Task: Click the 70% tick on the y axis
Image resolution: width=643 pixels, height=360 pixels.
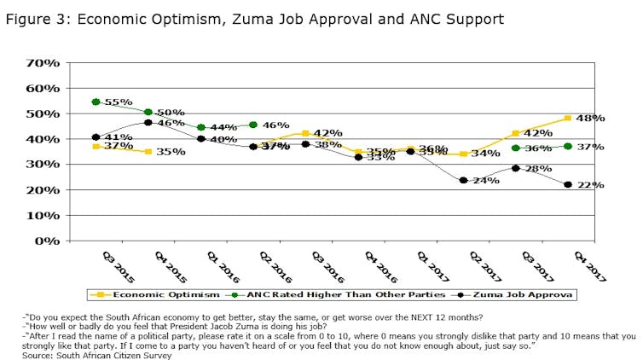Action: pyautogui.click(x=43, y=62)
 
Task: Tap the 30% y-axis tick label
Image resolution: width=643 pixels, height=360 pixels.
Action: pyautogui.click(x=43, y=164)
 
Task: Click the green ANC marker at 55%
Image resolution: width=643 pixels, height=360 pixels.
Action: pyautogui.click(x=96, y=102)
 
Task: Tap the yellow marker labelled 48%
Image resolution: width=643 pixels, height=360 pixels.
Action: pyautogui.click(x=568, y=119)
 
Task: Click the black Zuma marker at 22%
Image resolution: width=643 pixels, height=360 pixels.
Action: pyautogui.click(x=568, y=184)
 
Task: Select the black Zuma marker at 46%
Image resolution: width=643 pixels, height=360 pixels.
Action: pyautogui.click(x=148, y=123)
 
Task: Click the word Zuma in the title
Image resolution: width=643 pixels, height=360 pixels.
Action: pyautogui.click(x=242, y=18)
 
